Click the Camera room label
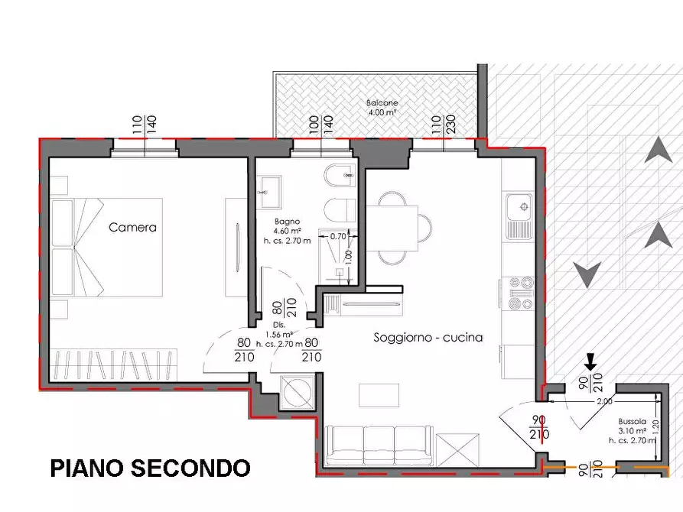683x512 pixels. tap(132, 227)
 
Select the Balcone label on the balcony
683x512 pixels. tap(380, 102)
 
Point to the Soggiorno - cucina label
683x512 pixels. tap(428, 337)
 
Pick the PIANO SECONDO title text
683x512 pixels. tap(150, 467)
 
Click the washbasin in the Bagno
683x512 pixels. tap(270, 191)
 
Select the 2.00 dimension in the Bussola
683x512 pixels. tap(603, 401)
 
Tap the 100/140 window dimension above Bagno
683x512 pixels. tap(321, 125)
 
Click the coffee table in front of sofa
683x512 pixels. tap(379, 394)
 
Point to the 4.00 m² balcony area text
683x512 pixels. tap(380, 112)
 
